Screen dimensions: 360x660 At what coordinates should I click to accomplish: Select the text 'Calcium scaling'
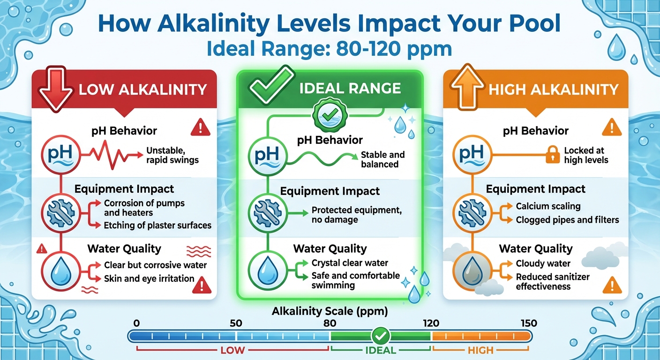pyautogui.click(x=548, y=206)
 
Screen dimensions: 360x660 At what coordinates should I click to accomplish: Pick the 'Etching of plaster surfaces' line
pyautogui.click(x=157, y=225)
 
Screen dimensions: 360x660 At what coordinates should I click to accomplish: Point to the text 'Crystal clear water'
pyautogui.click(x=350, y=263)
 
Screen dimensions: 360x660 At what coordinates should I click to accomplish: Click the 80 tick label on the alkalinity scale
pyautogui.click(x=330, y=323)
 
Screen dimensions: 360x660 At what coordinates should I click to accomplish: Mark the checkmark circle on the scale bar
pyautogui.click(x=380, y=336)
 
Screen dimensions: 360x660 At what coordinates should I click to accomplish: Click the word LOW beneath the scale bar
pyautogui.click(x=233, y=350)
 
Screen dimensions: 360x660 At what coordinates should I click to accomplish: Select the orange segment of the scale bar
pyautogui.click(x=480, y=336)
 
